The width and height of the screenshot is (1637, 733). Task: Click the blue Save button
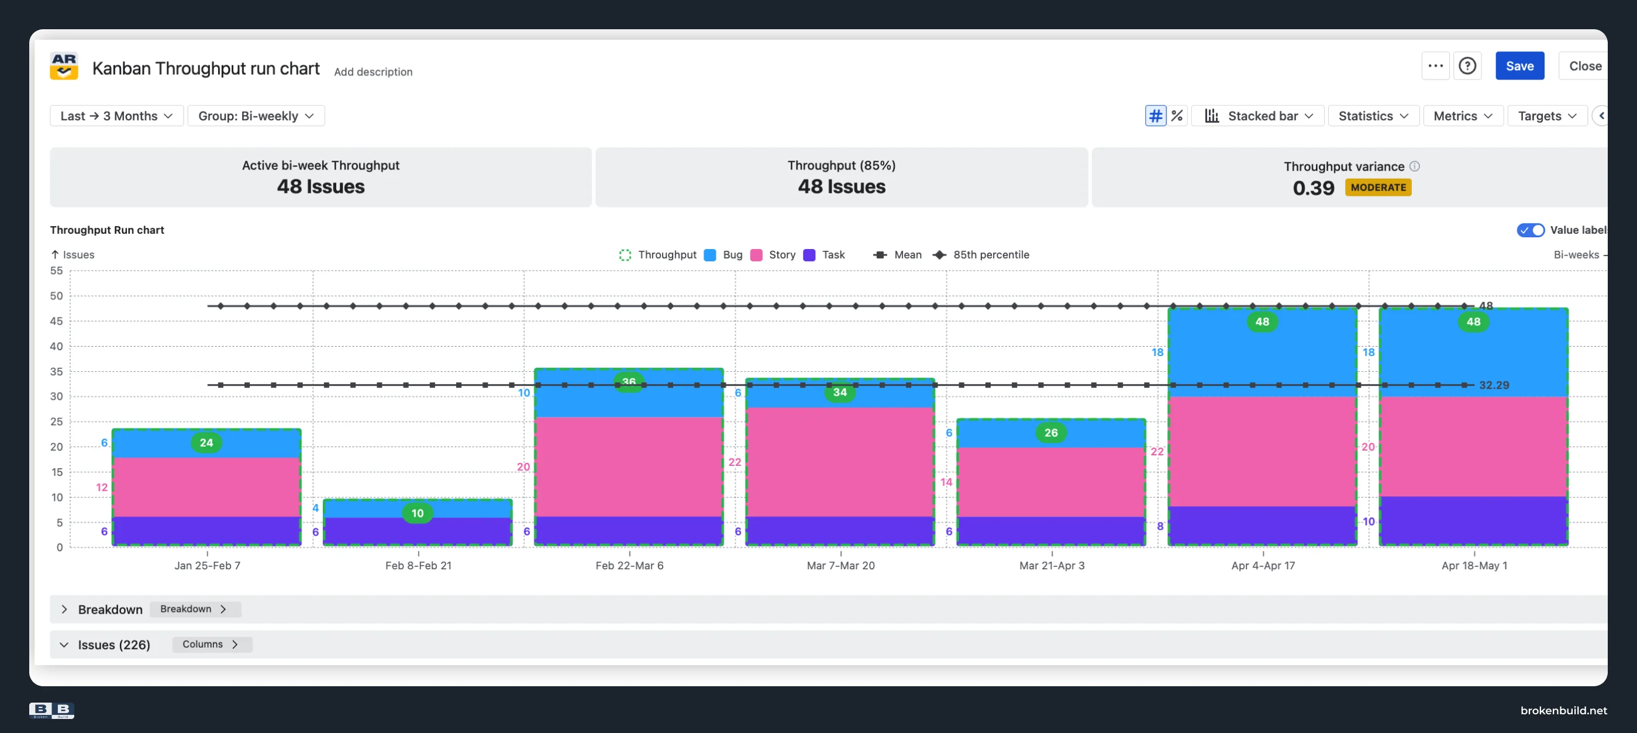1519,66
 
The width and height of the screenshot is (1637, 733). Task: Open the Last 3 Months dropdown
117,116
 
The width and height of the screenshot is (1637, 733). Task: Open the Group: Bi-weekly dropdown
256,116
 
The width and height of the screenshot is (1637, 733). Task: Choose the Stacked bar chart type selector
1258,116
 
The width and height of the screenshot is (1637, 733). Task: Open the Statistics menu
1373,116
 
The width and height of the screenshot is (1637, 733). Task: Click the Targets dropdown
1548,116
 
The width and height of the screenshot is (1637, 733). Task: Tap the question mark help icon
1467,66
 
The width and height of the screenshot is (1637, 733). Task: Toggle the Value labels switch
1530,230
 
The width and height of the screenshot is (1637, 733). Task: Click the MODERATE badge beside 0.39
1378,188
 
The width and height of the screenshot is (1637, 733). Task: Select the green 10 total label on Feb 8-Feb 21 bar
418,513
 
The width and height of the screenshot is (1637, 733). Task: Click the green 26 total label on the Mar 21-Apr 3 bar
1051,433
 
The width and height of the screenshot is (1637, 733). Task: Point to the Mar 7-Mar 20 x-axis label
841,565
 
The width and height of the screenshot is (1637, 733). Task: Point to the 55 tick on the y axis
57,271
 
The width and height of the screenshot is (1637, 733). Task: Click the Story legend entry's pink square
756,255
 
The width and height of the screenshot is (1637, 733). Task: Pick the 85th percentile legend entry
981,255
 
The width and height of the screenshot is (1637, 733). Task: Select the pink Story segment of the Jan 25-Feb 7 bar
206,487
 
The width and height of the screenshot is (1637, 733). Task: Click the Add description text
373,72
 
